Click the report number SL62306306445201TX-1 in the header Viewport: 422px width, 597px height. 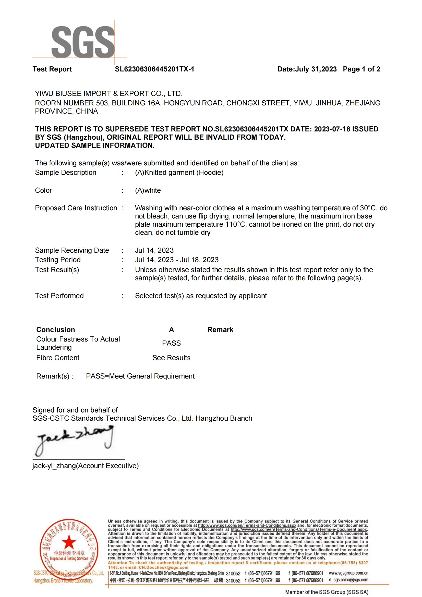coord(154,69)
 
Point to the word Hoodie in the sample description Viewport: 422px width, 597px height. coord(210,173)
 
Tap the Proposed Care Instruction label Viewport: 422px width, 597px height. coord(76,208)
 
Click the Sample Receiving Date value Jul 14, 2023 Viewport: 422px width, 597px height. coord(154,250)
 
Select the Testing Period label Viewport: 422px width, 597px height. coord(58,260)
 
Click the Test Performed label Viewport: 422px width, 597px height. coord(59,296)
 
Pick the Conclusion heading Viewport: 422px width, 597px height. coord(56,330)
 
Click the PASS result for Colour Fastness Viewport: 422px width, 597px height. coord(171,343)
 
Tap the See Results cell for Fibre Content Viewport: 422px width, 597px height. coord(171,358)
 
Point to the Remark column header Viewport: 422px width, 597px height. coord(220,330)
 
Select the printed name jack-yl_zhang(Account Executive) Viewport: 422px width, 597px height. coord(86,466)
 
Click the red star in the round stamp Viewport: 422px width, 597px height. coord(69,542)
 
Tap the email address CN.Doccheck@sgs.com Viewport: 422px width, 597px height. coord(164,567)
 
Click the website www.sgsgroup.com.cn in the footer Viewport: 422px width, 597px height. coord(348,573)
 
